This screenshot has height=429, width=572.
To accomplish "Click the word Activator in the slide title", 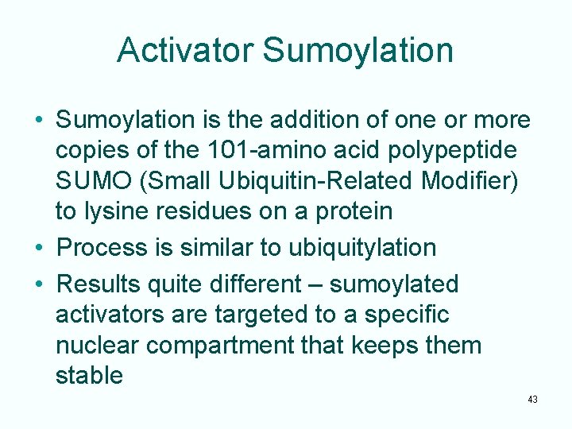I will (185, 50).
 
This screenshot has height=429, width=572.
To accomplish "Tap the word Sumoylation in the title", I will (358, 50).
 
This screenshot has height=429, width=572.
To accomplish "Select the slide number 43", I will (531, 400).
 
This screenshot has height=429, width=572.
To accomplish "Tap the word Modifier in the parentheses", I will (470, 181).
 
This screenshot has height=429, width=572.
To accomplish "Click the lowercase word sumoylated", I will (394, 284).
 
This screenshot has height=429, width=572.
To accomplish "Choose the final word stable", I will (89, 375).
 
